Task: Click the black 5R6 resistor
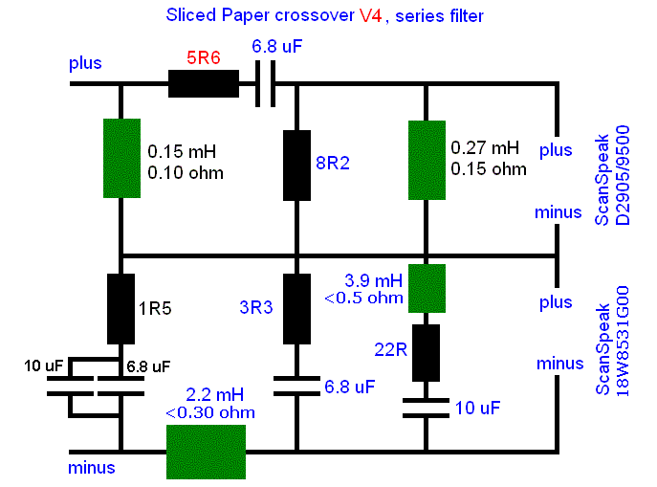(204, 84)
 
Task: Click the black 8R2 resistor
(297, 165)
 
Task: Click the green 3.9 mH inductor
(426, 288)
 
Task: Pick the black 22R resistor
(426, 352)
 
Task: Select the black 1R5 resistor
(121, 309)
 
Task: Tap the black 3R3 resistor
(297, 309)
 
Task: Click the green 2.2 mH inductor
(207, 451)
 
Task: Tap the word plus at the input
(84, 64)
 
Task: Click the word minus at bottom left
(92, 468)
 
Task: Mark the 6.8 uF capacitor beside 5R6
(264, 84)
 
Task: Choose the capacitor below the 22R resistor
(426, 409)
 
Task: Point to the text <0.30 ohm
(209, 413)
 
